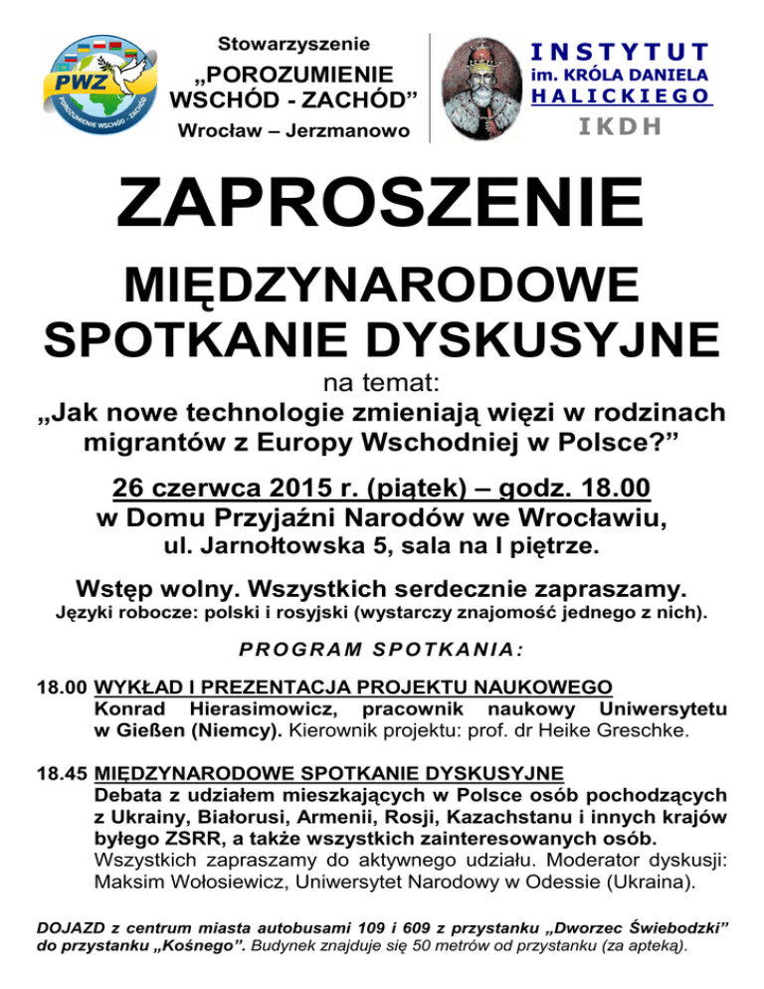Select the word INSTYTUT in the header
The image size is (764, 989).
[x=619, y=50]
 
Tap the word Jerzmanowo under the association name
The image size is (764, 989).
[x=347, y=130]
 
